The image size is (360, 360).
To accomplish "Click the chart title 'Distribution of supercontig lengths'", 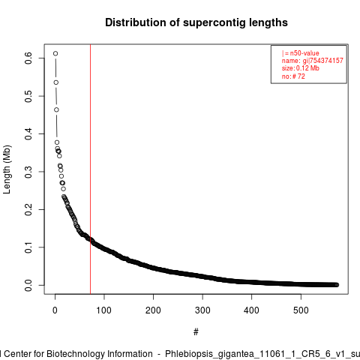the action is click(x=196, y=22).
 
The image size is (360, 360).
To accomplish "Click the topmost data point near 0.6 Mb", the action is click(x=55, y=53).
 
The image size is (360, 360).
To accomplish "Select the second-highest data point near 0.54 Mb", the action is click(x=56, y=82).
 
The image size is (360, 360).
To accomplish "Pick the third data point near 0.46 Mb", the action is click(x=56, y=109).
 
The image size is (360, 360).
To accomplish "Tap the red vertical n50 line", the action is click(x=90, y=169).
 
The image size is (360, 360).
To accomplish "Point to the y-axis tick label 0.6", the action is click(x=28, y=58).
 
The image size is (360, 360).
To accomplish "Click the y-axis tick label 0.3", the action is click(x=28, y=172).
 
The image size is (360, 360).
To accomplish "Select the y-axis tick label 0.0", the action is click(x=28, y=285).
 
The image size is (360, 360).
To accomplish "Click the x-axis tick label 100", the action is click(x=104, y=310).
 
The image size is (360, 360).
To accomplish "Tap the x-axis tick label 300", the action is click(x=202, y=310).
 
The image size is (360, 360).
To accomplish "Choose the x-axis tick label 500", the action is click(x=301, y=310).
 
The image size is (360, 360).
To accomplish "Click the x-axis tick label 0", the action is click(x=55, y=310).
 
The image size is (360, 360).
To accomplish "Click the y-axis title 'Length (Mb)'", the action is click(x=7, y=169).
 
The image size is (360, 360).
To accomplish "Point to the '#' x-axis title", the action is click(x=196, y=332).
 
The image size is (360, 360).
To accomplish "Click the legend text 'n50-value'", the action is click(x=304, y=53).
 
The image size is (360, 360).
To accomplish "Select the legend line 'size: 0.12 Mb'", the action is click(x=301, y=68).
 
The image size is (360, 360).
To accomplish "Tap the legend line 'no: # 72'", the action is click(x=293, y=76).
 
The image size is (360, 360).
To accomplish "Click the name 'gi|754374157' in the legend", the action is click(x=323, y=61).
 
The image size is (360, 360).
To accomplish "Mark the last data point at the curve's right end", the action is click(x=337, y=285).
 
